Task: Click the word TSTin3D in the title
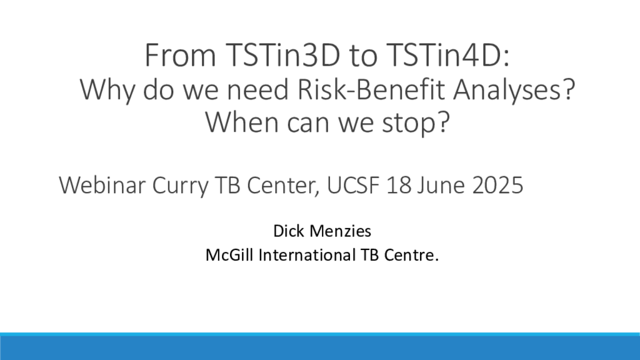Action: (283, 55)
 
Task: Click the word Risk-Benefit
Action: (371, 89)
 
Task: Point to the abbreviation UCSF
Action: (353, 185)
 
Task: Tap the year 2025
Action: (497, 185)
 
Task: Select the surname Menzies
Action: (341, 231)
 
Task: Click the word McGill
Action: (229, 255)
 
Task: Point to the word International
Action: (307, 255)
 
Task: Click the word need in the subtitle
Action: (257, 89)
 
